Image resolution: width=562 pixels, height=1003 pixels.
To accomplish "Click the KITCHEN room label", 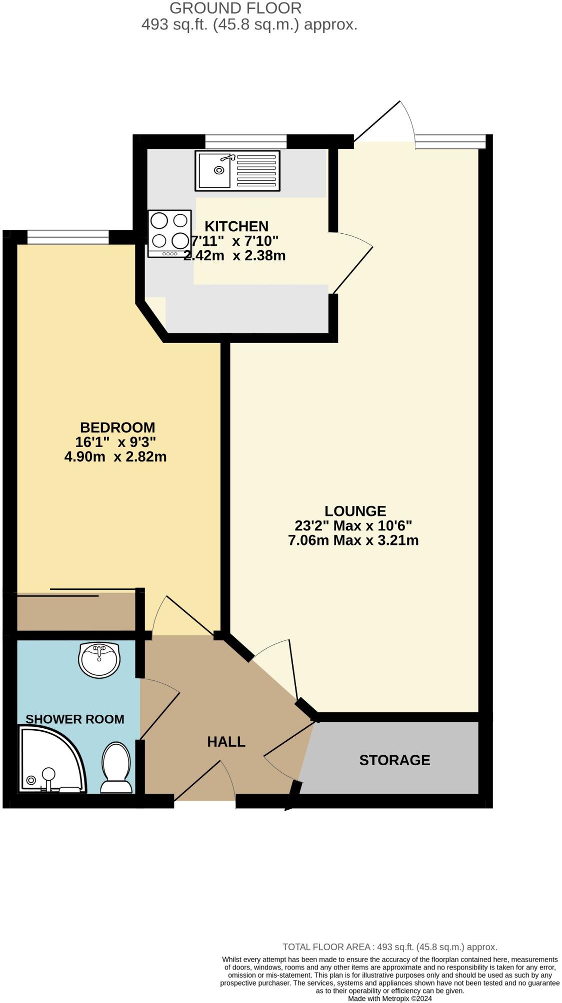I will (x=236, y=226).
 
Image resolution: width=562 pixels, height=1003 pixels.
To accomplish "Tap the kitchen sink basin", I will (x=214, y=170).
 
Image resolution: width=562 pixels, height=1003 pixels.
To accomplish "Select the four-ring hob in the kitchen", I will (x=169, y=233).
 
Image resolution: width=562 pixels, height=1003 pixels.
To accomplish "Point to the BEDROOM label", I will (x=117, y=427).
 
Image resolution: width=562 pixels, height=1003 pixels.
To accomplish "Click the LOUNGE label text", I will (x=355, y=510).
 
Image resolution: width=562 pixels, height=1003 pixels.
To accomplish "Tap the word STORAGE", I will (x=394, y=760).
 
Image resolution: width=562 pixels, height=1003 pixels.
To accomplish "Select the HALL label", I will (x=226, y=741).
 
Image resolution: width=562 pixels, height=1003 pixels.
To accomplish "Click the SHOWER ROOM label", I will (x=75, y=719).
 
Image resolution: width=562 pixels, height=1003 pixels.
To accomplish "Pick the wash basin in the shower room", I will (x=99, y=660).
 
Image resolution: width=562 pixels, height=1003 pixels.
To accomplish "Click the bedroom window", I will (x=68, y=237).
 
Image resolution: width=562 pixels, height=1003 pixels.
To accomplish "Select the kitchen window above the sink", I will (x=245, y=141).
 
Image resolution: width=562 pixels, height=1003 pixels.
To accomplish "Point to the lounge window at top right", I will (x=450, y=141).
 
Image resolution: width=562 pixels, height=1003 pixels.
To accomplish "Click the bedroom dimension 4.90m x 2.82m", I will (x=115, y=456).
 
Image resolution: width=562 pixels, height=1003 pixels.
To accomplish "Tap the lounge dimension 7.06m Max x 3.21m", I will (x=353, y=540).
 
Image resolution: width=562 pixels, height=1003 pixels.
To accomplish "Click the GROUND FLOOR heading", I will (x=235, y=8).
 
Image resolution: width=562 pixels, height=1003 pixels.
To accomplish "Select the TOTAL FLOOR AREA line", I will (x=389, y=947).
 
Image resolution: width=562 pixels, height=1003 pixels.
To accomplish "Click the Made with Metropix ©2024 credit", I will (x=389, y=999).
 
